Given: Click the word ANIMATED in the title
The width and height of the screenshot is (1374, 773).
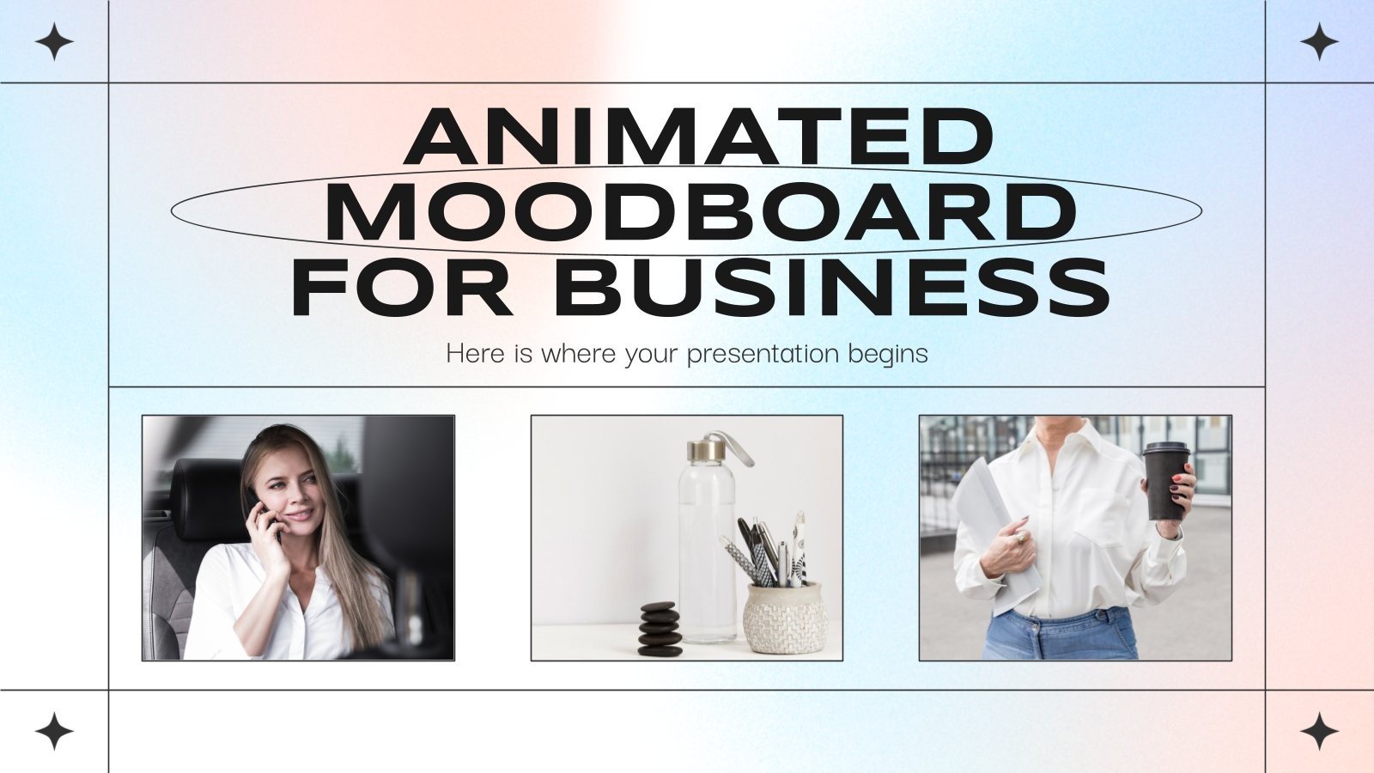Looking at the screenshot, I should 699,137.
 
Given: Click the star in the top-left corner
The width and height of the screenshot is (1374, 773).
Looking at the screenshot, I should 54,42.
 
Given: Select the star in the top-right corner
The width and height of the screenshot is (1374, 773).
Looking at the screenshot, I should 1319,42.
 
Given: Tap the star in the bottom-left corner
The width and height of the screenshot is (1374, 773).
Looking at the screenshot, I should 54,731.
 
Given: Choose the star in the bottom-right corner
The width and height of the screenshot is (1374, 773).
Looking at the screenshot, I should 1319,731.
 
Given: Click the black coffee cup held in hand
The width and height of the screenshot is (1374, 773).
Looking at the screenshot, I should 1165,481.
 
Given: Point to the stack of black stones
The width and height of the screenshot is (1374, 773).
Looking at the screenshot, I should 660,630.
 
